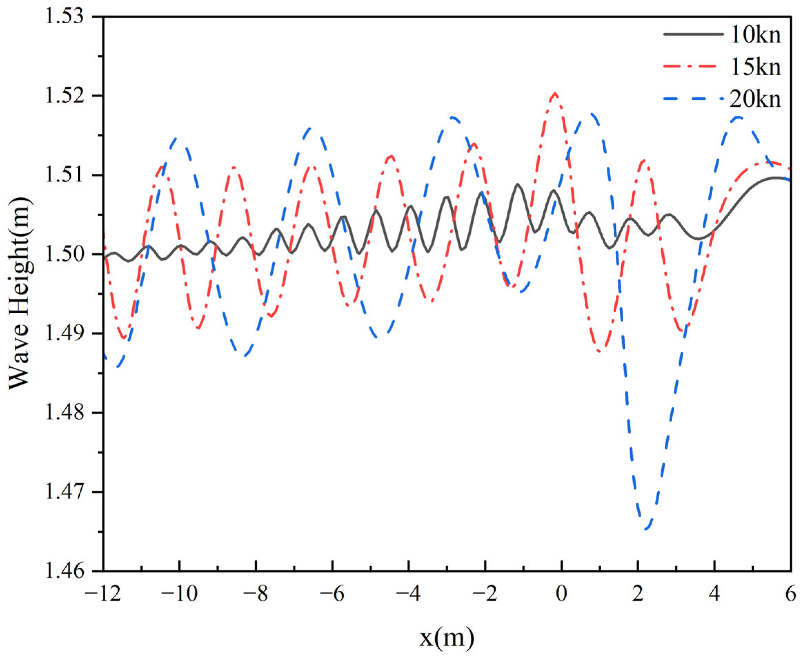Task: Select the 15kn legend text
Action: [755, 67]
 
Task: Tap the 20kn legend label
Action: [755, 99]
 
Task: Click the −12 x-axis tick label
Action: [103, 595]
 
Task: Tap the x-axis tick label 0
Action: [562, 595]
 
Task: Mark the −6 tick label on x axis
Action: [332, 595]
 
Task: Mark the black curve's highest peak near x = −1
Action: [518, 184]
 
